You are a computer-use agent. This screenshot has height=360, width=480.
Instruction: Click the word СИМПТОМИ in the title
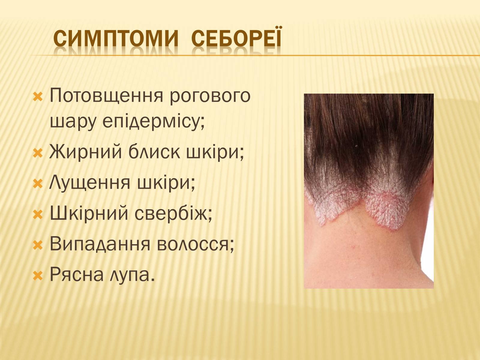116,39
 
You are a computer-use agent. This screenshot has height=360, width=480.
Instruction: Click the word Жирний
85,152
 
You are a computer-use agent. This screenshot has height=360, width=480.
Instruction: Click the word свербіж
173,213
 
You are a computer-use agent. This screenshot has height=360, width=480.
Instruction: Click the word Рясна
77,274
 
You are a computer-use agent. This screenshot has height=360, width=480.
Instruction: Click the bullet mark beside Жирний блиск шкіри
37,153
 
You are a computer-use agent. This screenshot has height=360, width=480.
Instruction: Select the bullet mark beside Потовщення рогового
37,97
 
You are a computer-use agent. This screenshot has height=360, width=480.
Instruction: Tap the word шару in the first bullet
73,122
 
